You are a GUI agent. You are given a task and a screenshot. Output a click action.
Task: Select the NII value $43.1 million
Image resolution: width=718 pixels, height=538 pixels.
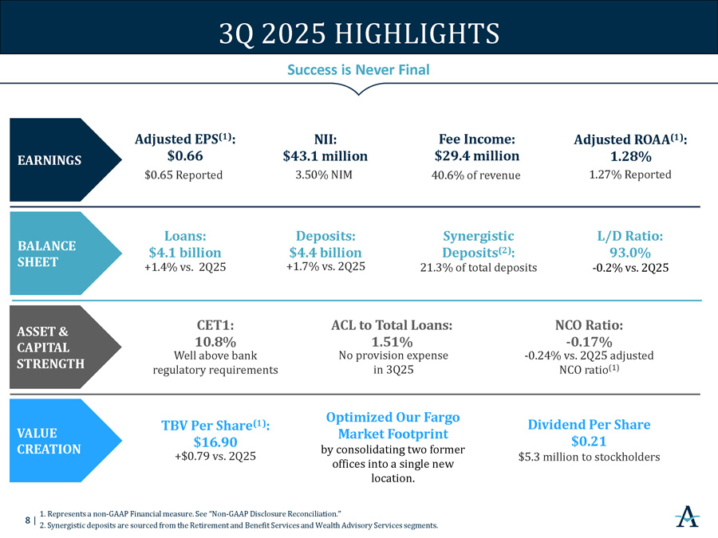(x=325, y=155)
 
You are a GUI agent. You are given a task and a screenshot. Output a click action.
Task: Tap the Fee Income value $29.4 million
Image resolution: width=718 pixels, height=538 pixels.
(x=476, y=155)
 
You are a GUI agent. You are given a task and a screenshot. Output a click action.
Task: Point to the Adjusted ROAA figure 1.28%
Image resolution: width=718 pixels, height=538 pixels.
(x=630, y=155)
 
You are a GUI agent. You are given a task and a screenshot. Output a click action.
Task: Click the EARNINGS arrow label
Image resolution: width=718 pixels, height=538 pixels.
(x=49, y=160)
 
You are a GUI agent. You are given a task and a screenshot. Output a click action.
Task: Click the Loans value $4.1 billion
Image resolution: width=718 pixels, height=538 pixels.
(x=185, y=253)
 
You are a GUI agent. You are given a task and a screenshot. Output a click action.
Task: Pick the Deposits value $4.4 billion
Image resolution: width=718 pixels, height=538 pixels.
(x=325, y=253)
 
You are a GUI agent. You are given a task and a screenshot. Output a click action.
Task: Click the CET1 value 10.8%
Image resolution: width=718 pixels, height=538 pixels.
(x=215, y=342)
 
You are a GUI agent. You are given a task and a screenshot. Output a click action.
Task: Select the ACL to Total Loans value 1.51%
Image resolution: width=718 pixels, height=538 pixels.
(x=392, y=342)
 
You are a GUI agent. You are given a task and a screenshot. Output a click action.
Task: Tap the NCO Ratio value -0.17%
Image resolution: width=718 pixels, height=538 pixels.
(x=589, y=342)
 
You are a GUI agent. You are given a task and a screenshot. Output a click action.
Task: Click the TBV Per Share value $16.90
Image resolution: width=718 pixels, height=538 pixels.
(x=215, y=442)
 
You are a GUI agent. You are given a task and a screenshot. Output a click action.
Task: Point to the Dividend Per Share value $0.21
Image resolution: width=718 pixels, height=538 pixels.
(x=589, y=442)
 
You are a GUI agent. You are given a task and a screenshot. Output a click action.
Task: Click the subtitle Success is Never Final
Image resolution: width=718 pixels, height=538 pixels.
(x=358, y=70)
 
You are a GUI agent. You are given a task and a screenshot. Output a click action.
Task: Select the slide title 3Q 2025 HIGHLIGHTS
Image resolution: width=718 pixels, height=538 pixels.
(x=359, y=34)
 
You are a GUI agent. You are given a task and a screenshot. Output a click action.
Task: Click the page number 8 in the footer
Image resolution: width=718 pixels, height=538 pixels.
(x=28, y=520)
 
